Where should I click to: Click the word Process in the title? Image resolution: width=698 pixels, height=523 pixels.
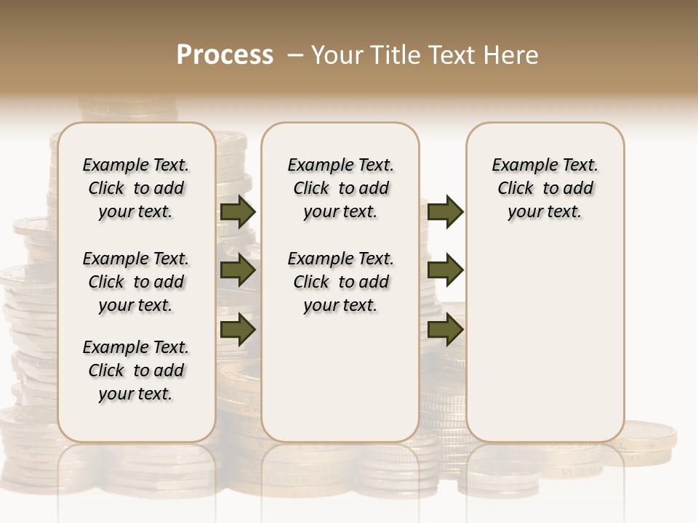(x=225, y=54)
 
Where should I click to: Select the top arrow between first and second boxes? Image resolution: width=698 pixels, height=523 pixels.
(x=238, y=211)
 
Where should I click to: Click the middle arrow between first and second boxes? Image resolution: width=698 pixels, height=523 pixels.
(x=238, y=271)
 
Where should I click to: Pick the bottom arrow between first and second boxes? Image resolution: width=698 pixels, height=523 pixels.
(x=238, y=330)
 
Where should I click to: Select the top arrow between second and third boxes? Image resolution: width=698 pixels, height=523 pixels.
(x=446, y=211)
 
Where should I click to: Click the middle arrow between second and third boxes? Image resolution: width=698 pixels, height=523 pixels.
(x=446, y=271)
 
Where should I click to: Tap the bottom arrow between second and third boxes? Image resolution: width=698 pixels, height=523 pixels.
(x=446, y=330)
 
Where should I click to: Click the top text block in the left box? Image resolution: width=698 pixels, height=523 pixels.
(x=136, y=188)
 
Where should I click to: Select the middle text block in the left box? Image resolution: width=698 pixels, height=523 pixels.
(x=136, y=282)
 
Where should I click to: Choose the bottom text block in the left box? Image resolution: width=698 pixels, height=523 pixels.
(x=136, y=370)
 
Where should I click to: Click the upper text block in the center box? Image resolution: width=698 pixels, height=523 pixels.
(x=340, y=188)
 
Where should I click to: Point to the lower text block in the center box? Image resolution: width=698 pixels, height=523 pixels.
(x=340, y=282)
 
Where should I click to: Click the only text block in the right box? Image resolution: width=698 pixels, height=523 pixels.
(x=545, y=188)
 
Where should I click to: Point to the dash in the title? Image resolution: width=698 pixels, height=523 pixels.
(x=295, y=54)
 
